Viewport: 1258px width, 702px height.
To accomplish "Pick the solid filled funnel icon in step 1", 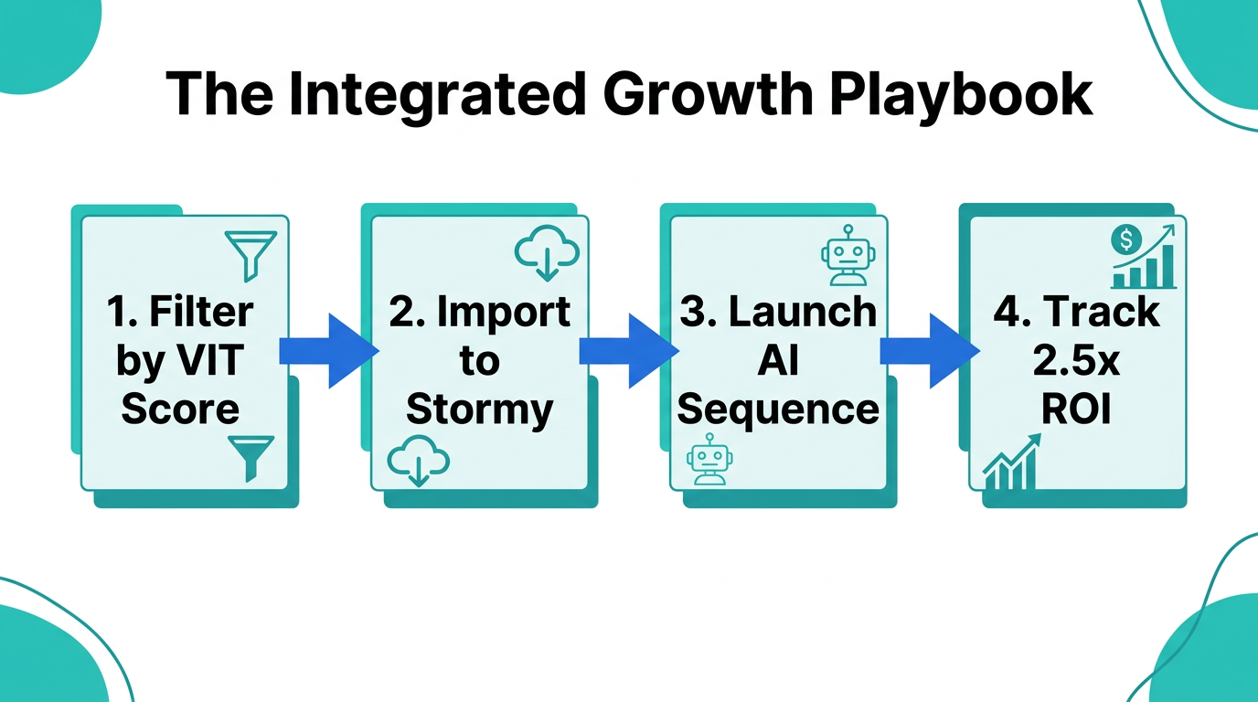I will coord(250,456).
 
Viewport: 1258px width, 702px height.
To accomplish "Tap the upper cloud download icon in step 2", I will coord(547,250).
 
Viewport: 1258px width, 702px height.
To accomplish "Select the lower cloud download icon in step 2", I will coord(418,461).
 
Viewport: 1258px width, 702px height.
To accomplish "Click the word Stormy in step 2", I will coord(479,409).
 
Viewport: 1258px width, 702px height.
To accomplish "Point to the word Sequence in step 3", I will coord(778,409).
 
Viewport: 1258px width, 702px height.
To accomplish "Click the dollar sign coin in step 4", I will coord(1125,240).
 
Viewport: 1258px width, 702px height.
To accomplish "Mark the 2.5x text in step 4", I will coord(1076,361).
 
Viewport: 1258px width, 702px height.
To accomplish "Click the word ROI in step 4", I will coord(1076,410).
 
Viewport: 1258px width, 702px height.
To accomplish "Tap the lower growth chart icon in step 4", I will coord(1011,463).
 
